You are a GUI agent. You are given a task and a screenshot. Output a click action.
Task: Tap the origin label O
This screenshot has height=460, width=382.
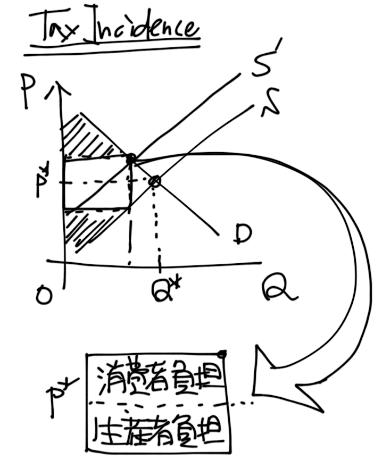[x=44, y=294]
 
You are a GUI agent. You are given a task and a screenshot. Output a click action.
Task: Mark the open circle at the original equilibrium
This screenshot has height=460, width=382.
[x=154, y=182]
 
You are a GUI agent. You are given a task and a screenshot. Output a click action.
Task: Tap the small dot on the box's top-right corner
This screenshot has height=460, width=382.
[x=223, y=354]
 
